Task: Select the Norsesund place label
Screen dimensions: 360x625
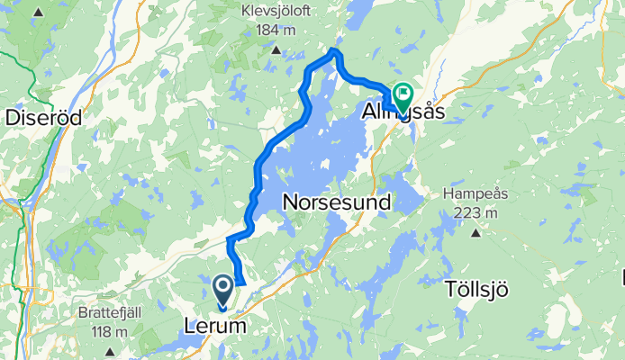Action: [337, 202]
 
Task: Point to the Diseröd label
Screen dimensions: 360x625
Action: [44, 118]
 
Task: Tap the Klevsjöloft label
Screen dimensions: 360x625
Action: [276, 12]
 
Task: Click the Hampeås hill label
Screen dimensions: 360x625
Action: [476, 194]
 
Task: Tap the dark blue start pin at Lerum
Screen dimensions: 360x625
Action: [223, 289]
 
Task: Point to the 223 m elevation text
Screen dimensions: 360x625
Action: [476, 212]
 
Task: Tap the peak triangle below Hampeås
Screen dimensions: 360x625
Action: [476, 232]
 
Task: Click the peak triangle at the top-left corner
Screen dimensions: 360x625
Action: [38, 13]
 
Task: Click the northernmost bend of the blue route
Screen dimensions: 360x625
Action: [336, 52]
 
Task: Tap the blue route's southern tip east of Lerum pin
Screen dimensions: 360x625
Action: [240, 282]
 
